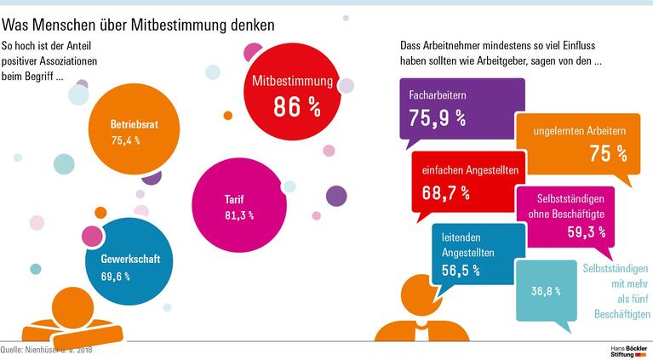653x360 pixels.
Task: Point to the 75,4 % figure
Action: point(125,140)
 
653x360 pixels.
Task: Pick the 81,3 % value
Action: point(239,215)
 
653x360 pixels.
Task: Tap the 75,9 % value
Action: point(438,117)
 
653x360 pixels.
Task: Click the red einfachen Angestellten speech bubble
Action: point(464,180)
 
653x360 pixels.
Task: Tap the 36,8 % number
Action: point(546,291)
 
